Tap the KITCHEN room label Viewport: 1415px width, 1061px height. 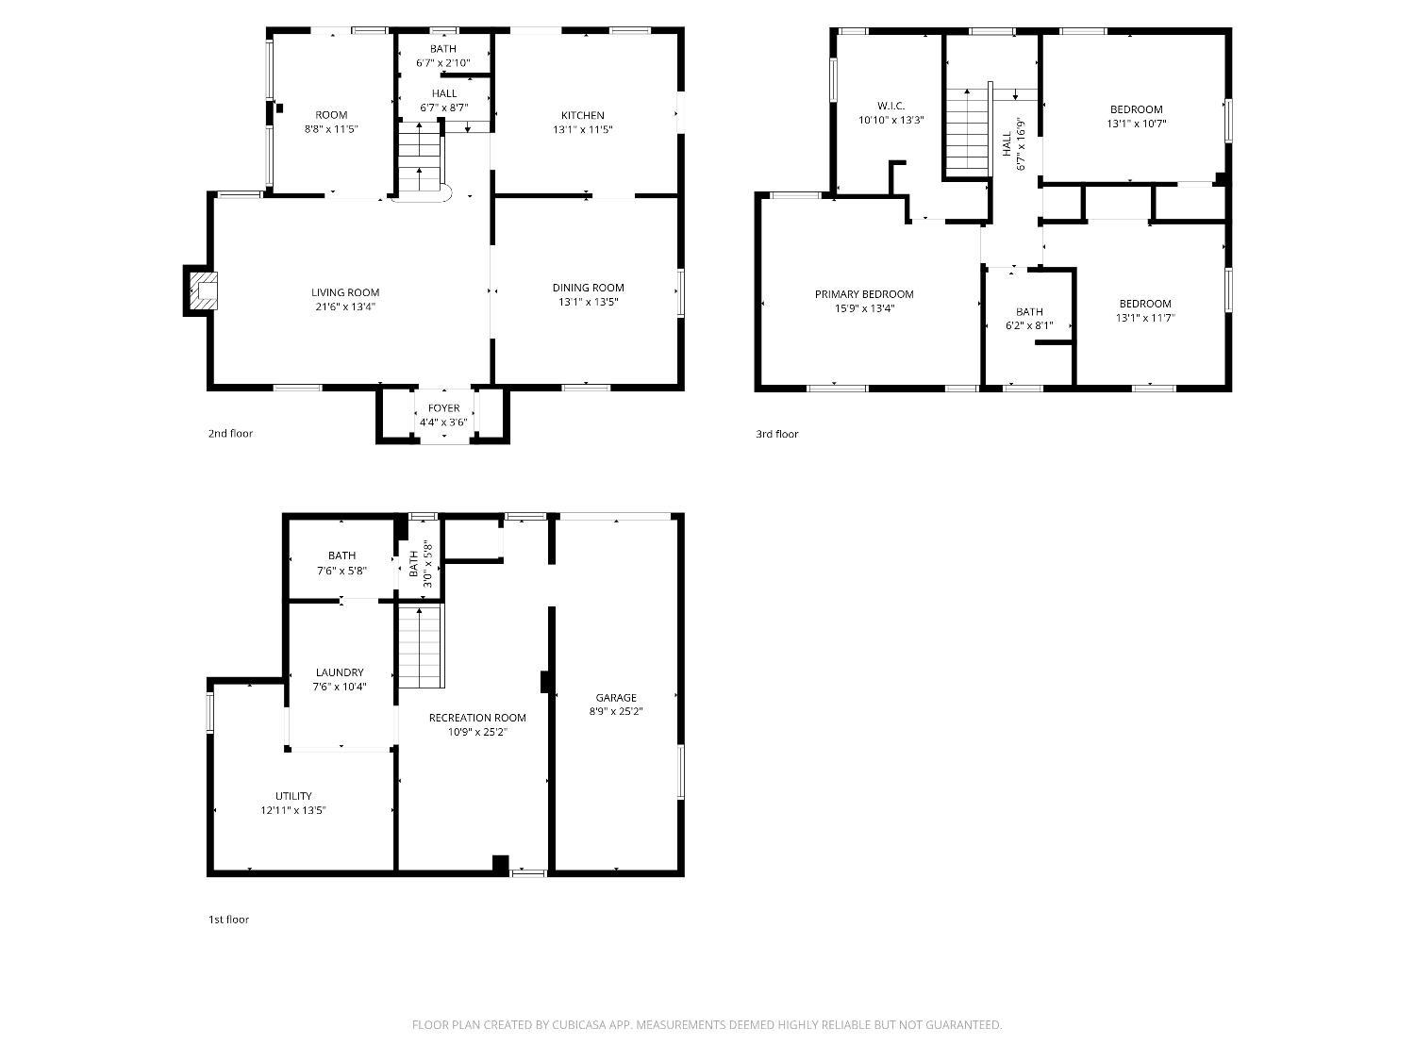coord(582,115)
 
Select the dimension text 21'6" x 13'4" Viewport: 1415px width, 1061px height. coord(345,307)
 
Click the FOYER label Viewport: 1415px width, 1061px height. coord(443,407)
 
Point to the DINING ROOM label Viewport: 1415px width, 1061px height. coord(588,288)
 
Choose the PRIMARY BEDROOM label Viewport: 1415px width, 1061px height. coord(864,293)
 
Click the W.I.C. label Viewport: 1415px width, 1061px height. coord(891,106)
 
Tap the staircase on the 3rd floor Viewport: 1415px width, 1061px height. coord(967,132)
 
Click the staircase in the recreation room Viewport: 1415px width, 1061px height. coord(421,645)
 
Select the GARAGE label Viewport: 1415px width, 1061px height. coord(616,697)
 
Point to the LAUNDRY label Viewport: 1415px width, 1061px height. coord(340,671)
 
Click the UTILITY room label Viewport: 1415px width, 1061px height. coord(293,796)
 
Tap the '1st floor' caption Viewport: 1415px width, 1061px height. coord(228,920)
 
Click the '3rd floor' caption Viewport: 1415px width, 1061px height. coord(776,434)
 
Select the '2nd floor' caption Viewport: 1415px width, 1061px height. coord(230,434)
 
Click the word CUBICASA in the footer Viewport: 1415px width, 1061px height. coord(578,1025)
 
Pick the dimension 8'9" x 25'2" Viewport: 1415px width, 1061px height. coord(616,711)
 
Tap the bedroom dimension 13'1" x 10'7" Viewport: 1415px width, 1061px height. coord(1136,124)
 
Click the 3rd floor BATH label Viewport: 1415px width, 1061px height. coord(1029,312)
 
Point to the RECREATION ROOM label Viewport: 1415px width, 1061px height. coord(477,718)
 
